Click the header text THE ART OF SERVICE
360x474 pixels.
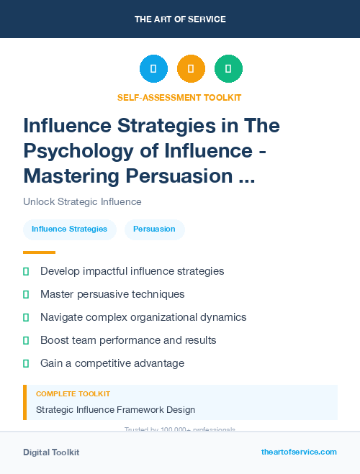tap(179, 19)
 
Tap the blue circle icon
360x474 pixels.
tap(153, 69)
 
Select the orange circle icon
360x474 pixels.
tap(191, 69)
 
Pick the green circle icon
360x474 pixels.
tap(228, 69)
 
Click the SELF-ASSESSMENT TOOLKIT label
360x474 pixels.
tap(179, 97)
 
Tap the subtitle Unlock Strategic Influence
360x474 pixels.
tap(82, 202)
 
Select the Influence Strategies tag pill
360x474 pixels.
tap(69, 229)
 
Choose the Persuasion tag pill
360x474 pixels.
tap(154, 229)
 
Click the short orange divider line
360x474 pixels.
tap(39, 252)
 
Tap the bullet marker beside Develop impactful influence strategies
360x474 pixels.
tap(26, 271)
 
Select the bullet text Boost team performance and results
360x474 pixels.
tap(128, 340)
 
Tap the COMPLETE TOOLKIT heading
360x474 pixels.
tap(73, 394)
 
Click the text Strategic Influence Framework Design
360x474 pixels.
tap(115, 410)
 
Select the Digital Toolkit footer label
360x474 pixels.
tap(51, 452)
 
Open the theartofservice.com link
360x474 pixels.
tap(299, 452)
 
